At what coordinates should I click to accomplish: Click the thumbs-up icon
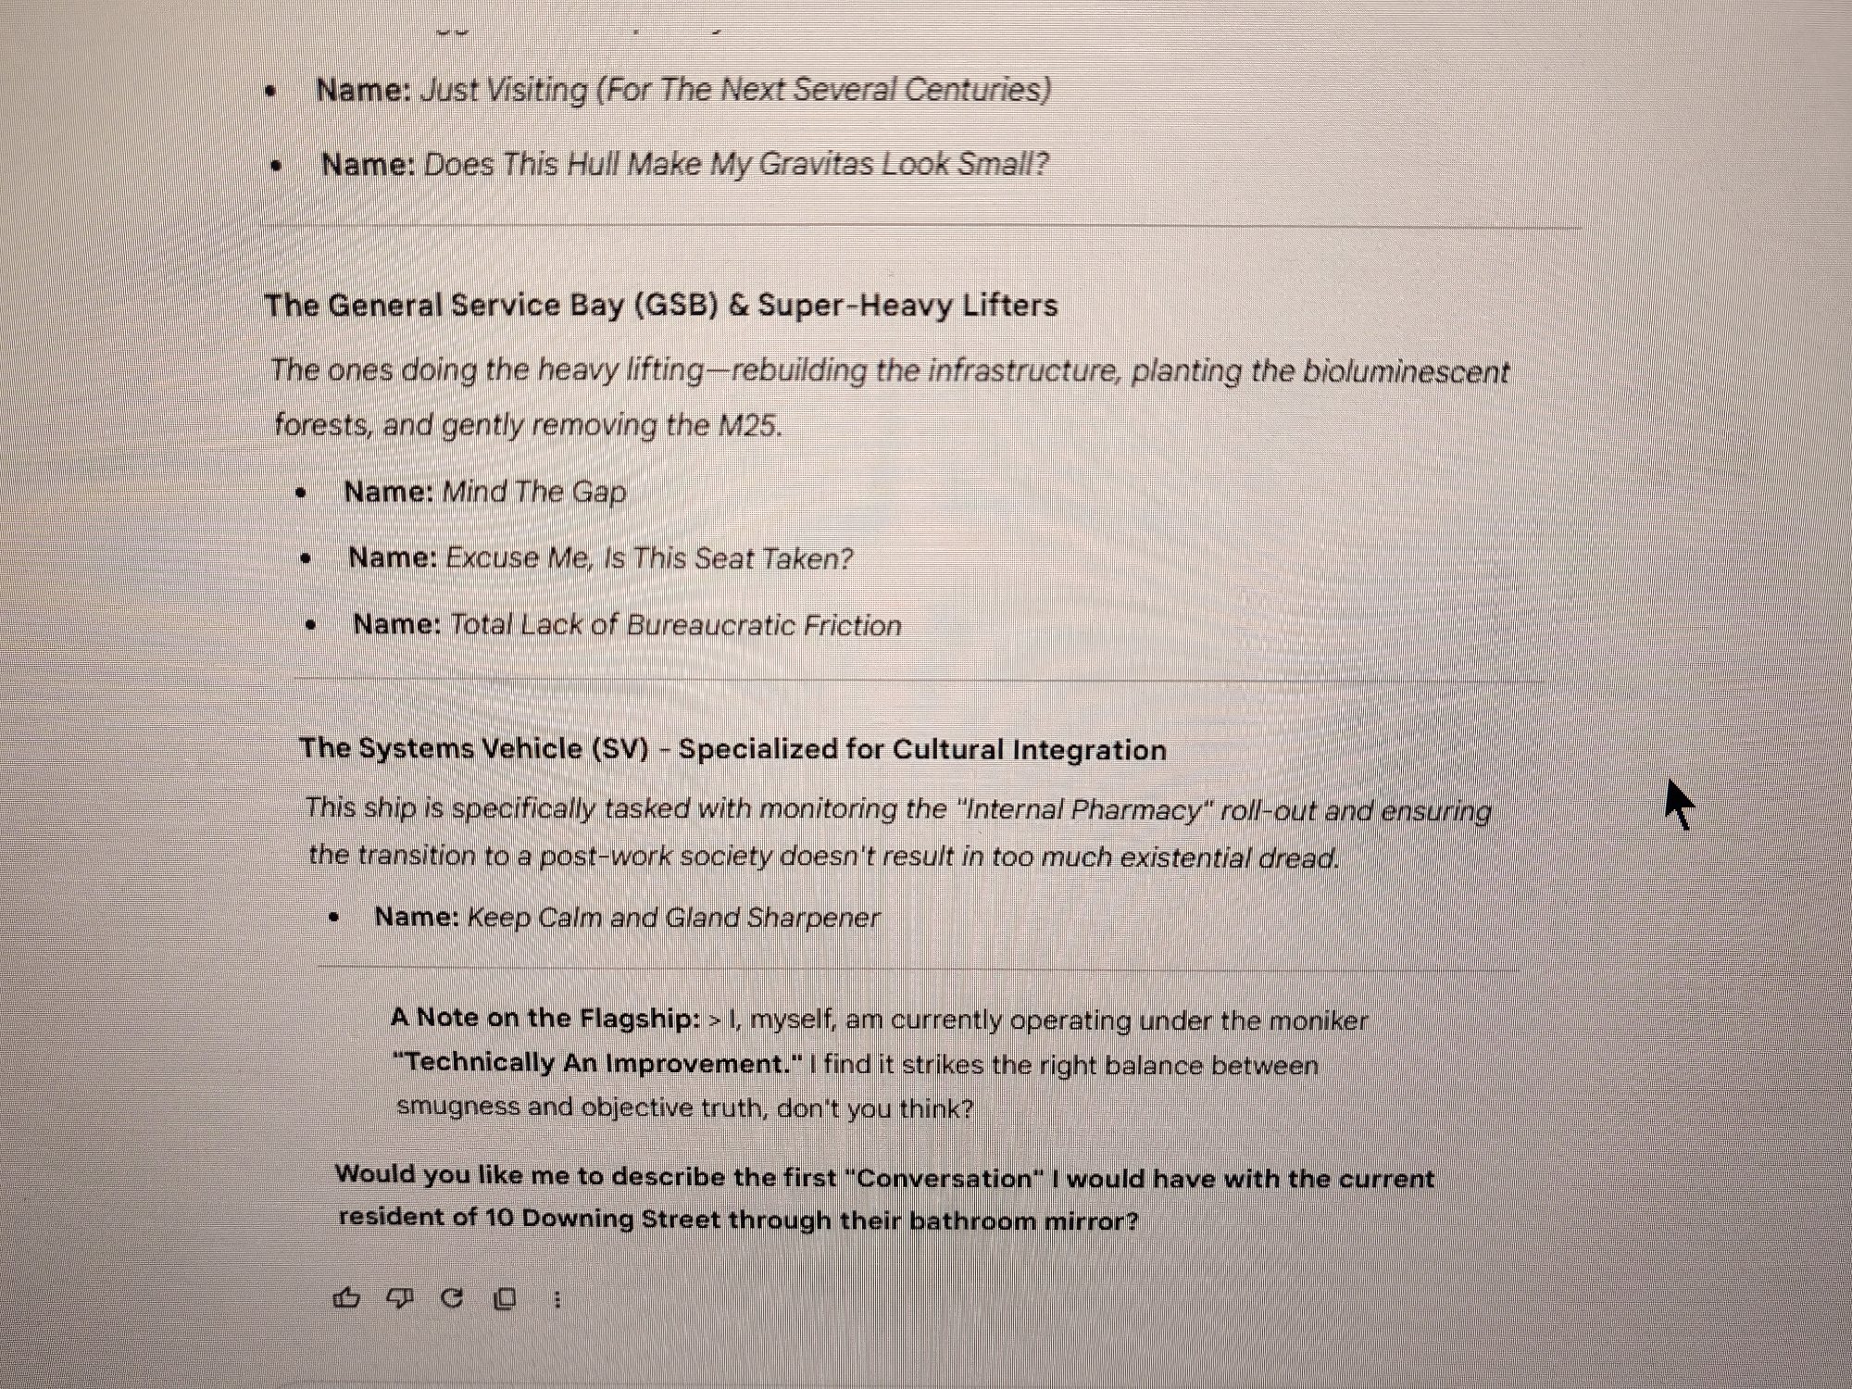click(346, 1298)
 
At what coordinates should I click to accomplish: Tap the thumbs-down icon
click(399, 1298)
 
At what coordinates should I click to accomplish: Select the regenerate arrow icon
click(452, 1298)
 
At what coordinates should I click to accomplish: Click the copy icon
click(505, 1299)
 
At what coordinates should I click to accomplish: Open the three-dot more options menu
click(557, 1300)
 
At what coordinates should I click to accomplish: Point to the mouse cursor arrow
click(1679, 804)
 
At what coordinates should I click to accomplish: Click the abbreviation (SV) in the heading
click(619, 748)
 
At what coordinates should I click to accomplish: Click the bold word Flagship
click(641, 1019)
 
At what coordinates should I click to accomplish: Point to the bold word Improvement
click(704, 1063)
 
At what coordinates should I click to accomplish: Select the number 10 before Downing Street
click(498, 1217)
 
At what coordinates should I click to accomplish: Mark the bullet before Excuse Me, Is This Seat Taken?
click(307, 558)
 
